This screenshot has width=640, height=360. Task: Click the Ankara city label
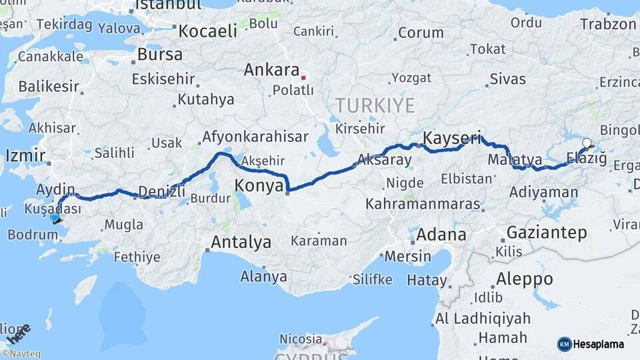coord(271,70)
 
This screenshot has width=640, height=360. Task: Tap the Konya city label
coord(259,186)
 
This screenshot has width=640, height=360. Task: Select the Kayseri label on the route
coord(452,139)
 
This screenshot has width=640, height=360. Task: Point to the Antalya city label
coord(241,242)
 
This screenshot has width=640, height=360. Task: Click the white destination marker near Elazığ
coord(587,142)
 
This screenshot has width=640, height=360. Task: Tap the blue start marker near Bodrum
coord(54,217)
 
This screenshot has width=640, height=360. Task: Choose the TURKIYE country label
coord(375,105)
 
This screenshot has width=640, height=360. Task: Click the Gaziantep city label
coord(547,233)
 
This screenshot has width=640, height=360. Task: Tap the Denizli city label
coord(161,192)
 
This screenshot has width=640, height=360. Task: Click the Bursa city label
coord(160,55)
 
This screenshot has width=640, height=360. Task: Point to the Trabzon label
coord(608,24)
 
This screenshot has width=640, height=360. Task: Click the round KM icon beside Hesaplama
coord(564,344)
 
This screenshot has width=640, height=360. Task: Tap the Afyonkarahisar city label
coord(255,137)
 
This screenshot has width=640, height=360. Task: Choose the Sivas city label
coord(507,79)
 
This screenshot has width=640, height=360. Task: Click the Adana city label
coord(441,235)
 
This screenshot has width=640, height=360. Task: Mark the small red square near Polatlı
coord(303,77)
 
